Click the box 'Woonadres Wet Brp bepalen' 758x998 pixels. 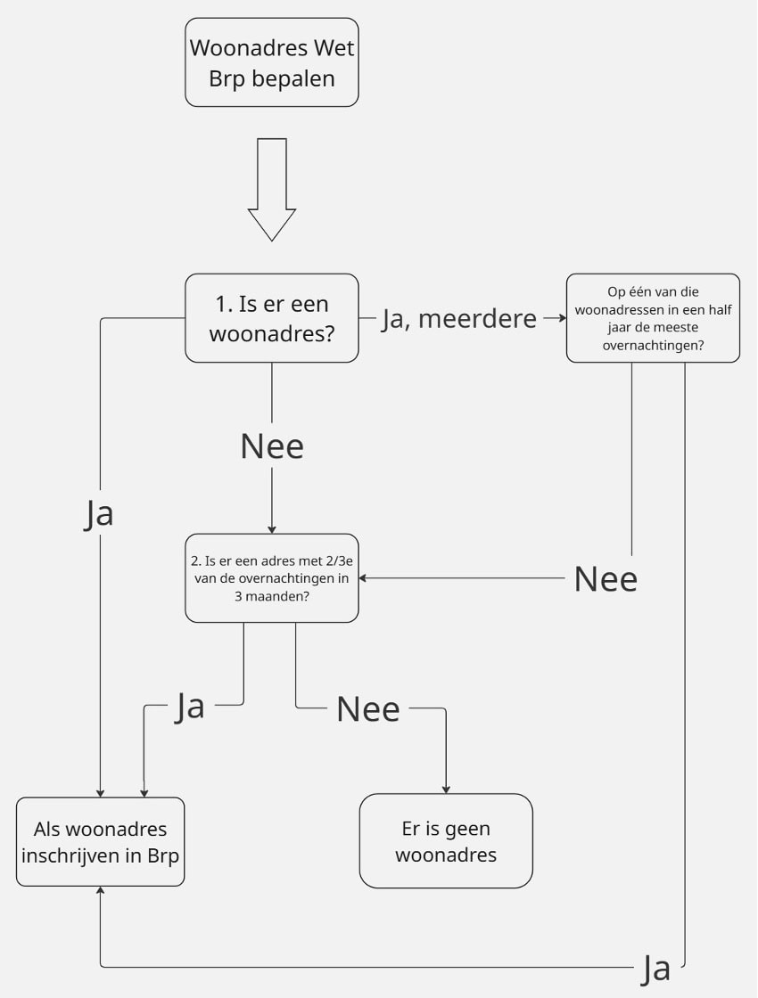[x=272, y=62]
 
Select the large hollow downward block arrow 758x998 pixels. [x=272, y=190]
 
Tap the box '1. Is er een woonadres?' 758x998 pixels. [x=272, y=318]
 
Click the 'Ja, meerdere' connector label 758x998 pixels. [x=459, y=318]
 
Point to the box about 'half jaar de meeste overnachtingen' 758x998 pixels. [x=653, y=318]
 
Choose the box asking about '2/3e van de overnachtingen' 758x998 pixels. [x=272, y=578]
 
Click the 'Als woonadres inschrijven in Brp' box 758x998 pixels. [x=100, y=841]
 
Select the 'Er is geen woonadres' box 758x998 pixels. [x=446, y=841]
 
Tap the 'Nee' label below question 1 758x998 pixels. [x=272, y=446]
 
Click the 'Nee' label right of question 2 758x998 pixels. [x=606, y=579]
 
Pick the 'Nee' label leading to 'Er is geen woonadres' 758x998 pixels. [x=368, y=709]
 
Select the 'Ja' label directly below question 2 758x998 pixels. [x=190, y=707]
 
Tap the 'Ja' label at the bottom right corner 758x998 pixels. [x=655, y=969]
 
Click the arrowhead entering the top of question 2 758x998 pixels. [x=272, y=529]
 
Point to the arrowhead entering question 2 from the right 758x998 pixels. [x=363, y=578]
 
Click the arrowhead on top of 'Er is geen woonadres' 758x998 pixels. [x=446, y=789]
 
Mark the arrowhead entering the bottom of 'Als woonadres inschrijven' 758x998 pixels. [x=100, y=890]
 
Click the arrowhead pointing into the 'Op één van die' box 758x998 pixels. [x=563, y=317]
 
